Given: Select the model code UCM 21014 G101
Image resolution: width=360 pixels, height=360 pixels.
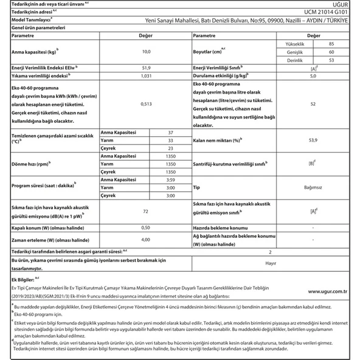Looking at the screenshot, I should point(328,12).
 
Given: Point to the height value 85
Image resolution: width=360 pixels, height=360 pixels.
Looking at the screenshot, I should point(330,45).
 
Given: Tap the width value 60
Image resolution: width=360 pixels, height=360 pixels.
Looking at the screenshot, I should point(330,53).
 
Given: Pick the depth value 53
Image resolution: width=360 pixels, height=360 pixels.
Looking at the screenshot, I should point(330,61).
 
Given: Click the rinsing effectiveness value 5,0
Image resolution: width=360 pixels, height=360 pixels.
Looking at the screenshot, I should point(313,76).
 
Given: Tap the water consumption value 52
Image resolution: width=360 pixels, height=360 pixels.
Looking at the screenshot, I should point(313,104).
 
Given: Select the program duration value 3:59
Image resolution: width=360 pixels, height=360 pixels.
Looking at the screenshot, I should point(170,181).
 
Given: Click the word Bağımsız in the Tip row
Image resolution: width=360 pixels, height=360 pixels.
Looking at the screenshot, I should point(313,188).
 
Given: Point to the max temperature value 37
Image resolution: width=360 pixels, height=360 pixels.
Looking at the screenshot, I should point(170,132).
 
